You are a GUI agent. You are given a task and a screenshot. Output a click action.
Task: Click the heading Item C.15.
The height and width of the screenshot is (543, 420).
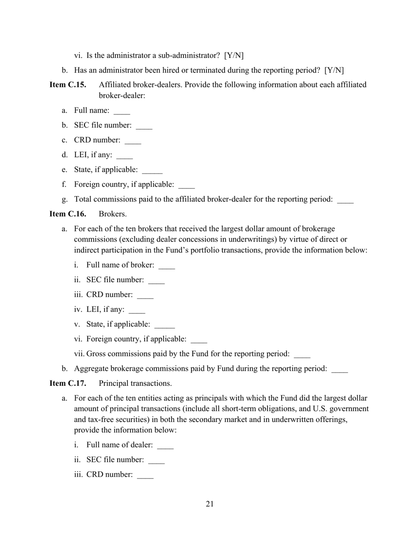pyautogui.click(x=68, y=85)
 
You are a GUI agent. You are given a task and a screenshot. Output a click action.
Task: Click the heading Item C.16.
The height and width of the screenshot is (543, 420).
pyautogui.click(x=68, y=214)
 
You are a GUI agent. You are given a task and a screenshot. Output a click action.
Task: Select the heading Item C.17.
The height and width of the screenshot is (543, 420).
pyautogui.click(x=68, y=383)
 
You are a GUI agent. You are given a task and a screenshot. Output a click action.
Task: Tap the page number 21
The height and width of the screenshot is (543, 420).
pyautogui.click(x=210, y=504)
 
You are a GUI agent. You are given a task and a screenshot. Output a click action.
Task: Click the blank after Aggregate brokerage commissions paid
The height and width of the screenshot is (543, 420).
pyautogui.click(x=340, y=370)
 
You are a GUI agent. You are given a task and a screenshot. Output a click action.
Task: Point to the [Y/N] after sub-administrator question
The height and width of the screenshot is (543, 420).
pyautogui.click(x=234, y=56)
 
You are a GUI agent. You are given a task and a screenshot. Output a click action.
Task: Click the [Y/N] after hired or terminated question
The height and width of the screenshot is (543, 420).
pyautogui.click(x=334, y=70)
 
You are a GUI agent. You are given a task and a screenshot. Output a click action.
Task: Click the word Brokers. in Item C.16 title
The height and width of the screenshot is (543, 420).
pyautogui.click(x=113, y=214)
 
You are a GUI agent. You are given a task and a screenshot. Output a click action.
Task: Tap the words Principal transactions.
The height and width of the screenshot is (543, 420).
pyautogui.click(x=135, y=383)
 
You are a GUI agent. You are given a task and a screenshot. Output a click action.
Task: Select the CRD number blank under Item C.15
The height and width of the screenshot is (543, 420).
pyautogui.click(x=133, y=142)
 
